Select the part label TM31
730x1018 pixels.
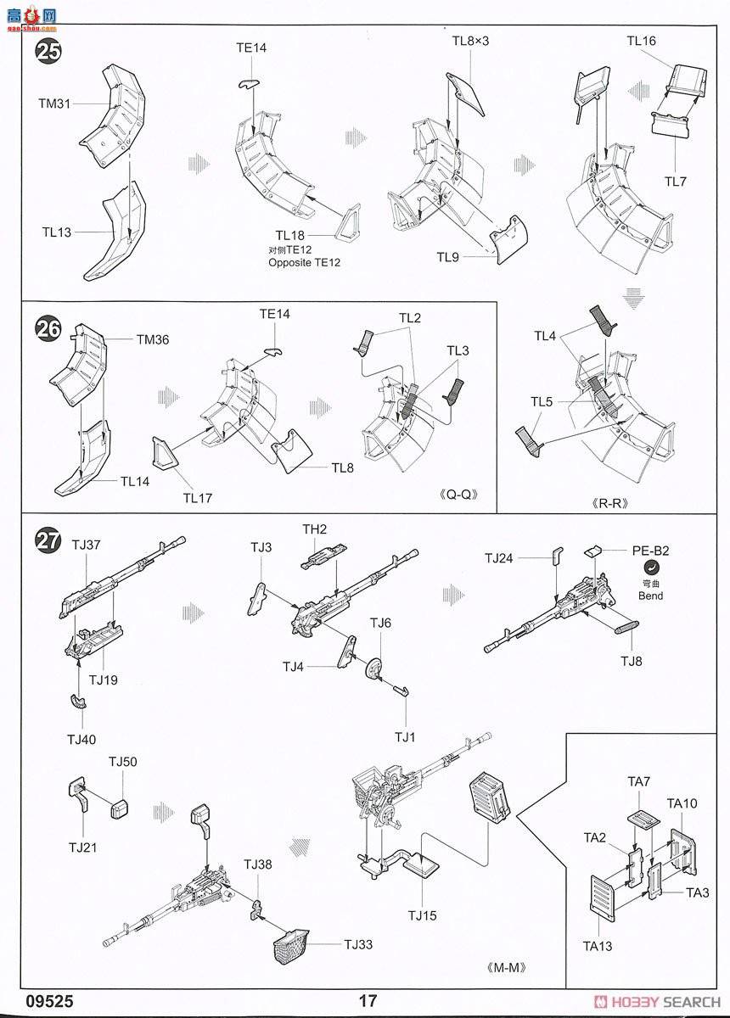(55, 103)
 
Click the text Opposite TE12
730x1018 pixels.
(304, 262)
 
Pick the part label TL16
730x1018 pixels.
(642, 41)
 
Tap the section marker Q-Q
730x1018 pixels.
(457, 494)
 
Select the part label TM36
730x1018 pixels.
(153, 339)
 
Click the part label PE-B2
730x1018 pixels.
(650, 551)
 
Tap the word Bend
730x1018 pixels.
(651, 596)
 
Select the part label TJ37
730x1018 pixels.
(86, 545)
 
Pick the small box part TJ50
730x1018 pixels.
(119, 808)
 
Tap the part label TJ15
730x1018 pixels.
(422, 915)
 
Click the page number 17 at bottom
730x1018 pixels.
(368, 1001)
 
